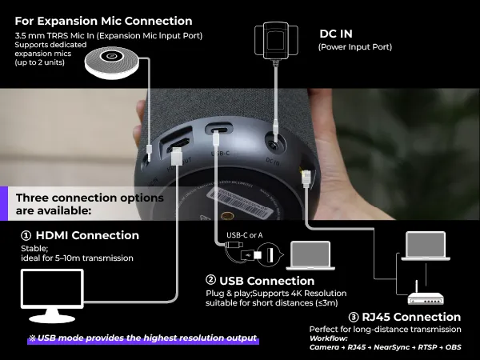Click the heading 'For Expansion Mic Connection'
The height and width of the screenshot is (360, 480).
tap(104, 21)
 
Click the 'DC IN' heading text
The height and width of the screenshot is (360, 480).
tap(336, 34)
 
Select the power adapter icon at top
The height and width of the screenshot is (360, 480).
tap(275, 40)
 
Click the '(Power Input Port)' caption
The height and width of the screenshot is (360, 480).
tap(354, 47)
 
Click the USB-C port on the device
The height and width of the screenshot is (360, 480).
tap(218, 130)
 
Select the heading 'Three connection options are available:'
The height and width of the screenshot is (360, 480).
tap(90, 204)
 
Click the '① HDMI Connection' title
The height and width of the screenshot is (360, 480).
tap(80, 235)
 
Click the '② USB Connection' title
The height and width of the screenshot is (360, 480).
tap(260, 281)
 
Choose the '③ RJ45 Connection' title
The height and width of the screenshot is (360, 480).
tap(385, 317)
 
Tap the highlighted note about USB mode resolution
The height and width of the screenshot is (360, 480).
tap(144, 338)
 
